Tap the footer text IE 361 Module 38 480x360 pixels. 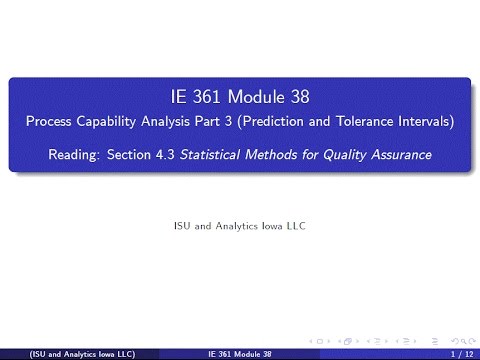(240, 354)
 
